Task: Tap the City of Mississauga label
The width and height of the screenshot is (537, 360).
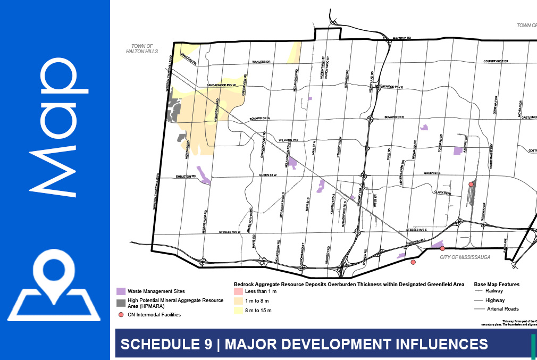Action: (x=464, y=257)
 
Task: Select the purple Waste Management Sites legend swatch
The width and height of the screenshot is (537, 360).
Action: (x=121, y=291)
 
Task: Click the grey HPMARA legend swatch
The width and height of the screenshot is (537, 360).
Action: (x=121, y=303)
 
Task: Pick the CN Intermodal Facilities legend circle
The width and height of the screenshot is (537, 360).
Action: (x=121, y=315)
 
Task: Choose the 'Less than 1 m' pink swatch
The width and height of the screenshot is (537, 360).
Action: (x=238, y=291)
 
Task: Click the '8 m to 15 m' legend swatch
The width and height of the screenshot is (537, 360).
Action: (x=238, y=310)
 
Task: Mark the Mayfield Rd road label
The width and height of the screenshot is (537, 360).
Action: (x=403, y=38)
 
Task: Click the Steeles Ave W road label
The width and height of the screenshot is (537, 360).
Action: (x=230, y=232)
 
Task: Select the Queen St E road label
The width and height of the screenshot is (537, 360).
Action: (x=433, y=173)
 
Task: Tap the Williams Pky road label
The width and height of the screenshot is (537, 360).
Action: (x=290, y=140)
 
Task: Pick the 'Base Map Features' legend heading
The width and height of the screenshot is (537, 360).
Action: (x=497, y=284)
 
